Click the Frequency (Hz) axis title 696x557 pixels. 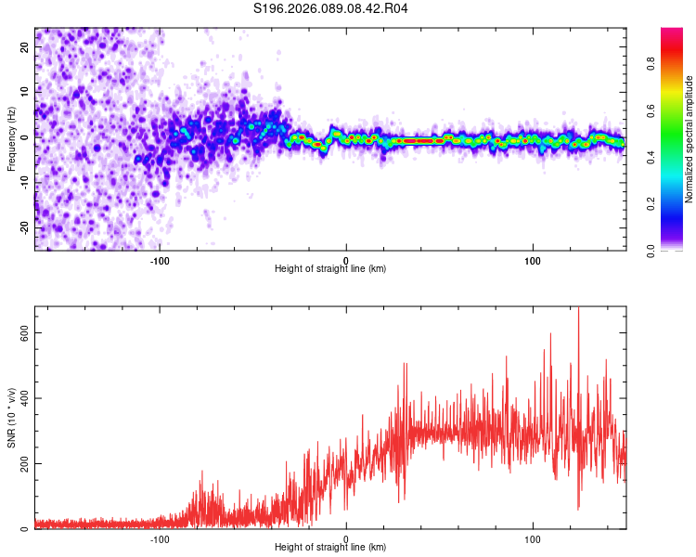(x=11, y=138)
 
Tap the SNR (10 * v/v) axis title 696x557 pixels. (x=11, y=417)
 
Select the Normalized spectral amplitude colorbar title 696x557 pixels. (x=690, y=139)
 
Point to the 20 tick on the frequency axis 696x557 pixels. (x=24, y=48)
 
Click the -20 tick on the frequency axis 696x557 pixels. (x=22, y=227)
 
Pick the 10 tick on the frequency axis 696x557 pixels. (x=24, y=93)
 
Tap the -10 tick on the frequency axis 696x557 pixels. (x=22, y=182)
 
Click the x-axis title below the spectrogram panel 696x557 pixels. (x=330, y=269)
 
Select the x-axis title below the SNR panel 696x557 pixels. (x=330, y=550)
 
